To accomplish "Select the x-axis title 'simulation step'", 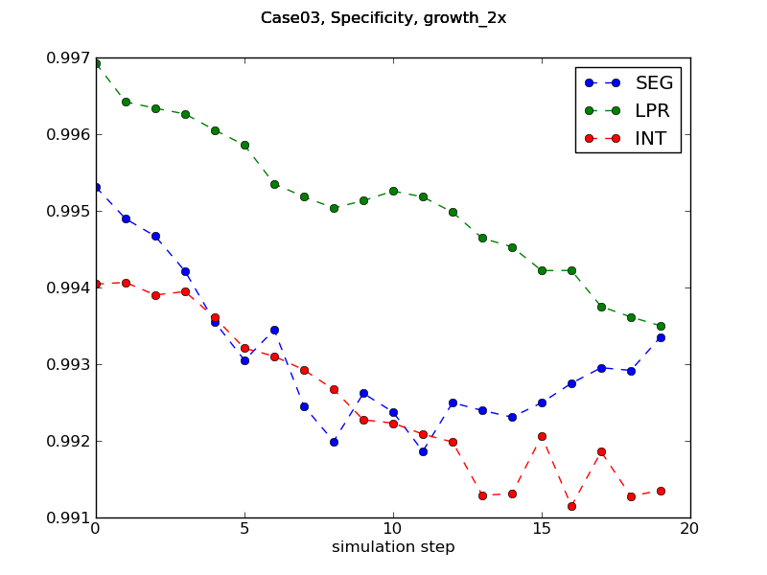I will tap(393, 547).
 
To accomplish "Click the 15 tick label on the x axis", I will tap(542, 528).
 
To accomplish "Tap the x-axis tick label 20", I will tap(690, 528).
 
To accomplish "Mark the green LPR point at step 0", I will tap(96, 63).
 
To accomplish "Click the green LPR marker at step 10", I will tap(393, 191).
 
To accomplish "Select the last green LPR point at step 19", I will tap(661, 326).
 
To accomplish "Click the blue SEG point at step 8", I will tap(334, 442).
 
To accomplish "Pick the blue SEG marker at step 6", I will tap(274, 330).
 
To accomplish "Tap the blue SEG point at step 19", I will tap(661, 337).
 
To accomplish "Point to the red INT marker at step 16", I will tap(571, 506).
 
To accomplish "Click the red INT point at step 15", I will tap(542, 436).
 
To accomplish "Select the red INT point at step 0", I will tap(96, 284).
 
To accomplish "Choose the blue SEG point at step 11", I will tap(423, 451).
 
